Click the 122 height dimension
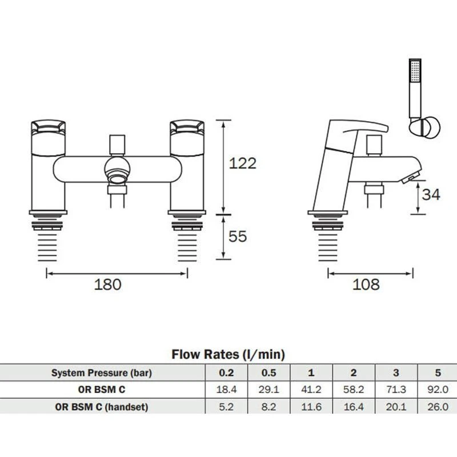(x=242, y=163)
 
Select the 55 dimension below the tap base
(x=237, y=235)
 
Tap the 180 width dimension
(x=108, y=284)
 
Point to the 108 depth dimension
(x=366, y=284)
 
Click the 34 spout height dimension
(x=431, y=194)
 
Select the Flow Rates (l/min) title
(x=228, y=355)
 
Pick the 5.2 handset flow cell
(x=226, y=407)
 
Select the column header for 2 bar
(x=353, y=374)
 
